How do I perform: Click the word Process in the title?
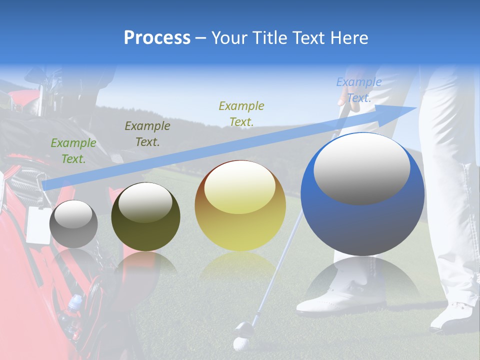[157, 38]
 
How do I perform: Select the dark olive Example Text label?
[147, 133]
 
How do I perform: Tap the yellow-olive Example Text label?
[241, 113]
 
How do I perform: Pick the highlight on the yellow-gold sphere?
[239, 187]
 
